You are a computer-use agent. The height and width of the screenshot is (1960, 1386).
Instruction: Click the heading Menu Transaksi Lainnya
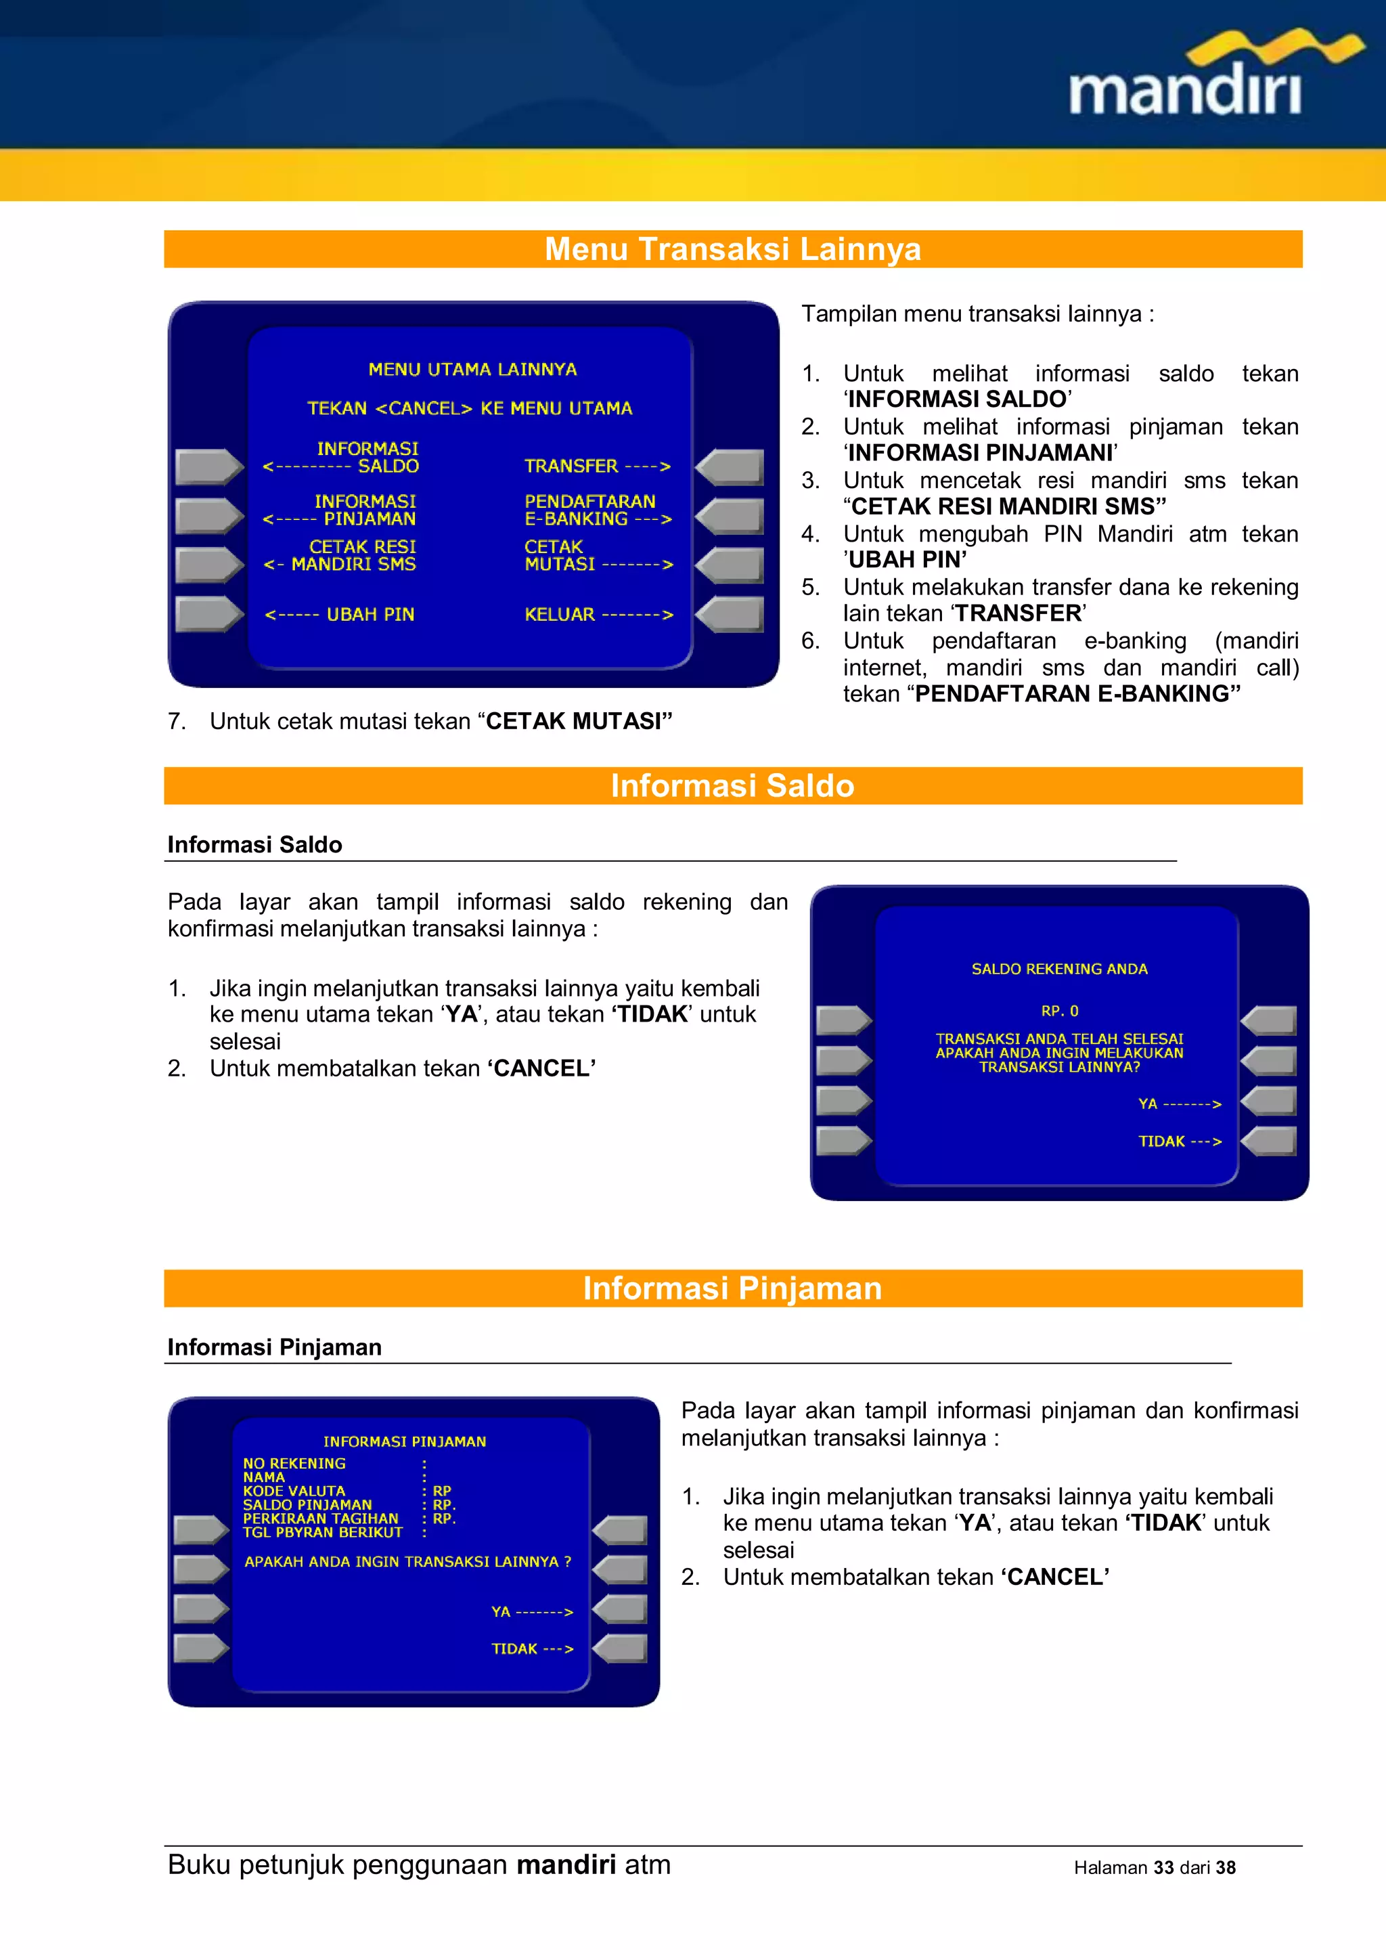coord(732,249)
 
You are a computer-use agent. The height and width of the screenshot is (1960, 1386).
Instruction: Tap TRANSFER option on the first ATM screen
coord(596,466)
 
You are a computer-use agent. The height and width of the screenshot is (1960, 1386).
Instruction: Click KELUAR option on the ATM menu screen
coord(598,615)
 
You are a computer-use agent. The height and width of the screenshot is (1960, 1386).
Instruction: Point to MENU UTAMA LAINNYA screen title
coord(472,370)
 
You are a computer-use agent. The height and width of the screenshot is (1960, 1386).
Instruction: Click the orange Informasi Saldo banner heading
coord(732,785)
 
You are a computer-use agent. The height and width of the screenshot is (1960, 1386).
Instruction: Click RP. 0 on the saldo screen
coord(1059,1011)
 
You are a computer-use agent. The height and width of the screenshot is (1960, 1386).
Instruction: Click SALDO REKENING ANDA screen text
coord(1059,969)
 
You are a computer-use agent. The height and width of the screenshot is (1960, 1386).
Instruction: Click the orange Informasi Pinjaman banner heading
coord(732,1288)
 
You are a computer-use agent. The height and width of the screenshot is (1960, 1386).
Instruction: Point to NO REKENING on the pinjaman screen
coord(294,1463)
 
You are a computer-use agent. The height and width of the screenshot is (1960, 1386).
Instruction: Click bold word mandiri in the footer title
coord(566,1865)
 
